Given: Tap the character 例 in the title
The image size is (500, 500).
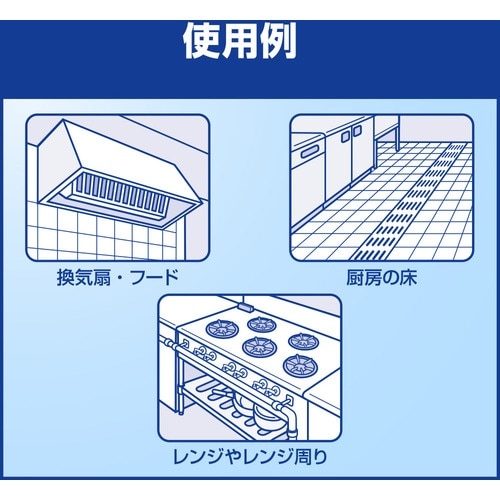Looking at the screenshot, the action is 277,41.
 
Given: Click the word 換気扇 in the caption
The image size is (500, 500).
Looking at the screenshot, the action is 84,277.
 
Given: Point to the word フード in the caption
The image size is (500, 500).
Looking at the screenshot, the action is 156,277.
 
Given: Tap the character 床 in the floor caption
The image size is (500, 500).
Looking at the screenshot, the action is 408,277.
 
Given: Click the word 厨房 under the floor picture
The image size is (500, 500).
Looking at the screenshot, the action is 364,277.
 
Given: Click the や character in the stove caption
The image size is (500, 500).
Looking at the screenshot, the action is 232,457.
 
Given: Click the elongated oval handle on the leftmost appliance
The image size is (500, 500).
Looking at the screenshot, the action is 310,153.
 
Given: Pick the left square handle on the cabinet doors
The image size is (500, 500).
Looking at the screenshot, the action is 345,135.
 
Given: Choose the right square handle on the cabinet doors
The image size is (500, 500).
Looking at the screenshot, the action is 357,131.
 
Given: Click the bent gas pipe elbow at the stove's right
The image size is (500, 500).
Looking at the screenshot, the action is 289,417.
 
